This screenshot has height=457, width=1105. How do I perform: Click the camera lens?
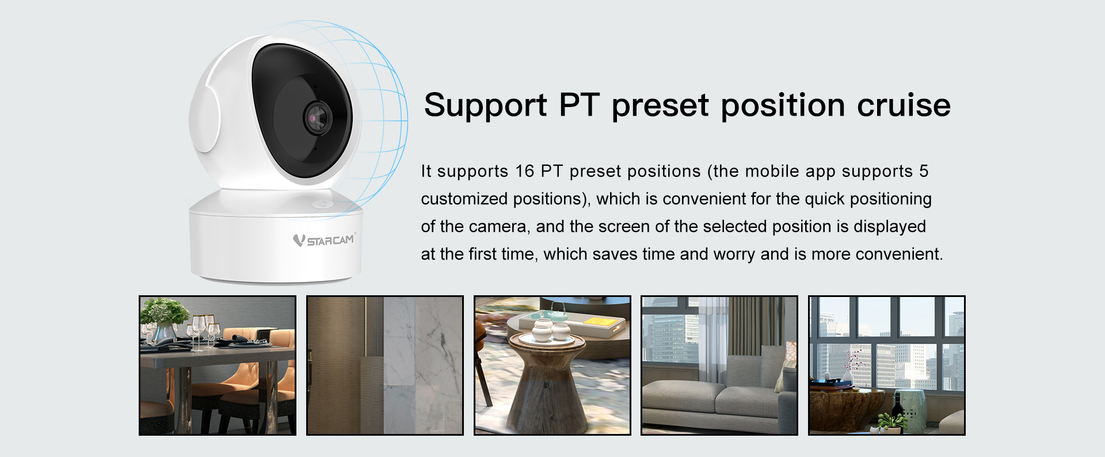(x=318, y=117)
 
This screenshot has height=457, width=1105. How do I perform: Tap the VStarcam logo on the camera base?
(x=325, y=239)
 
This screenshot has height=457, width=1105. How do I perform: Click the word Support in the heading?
(x=485, y=105)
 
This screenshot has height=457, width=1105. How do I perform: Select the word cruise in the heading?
(x=904, y=105)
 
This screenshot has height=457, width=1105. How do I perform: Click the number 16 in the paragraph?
(x=525, y=171)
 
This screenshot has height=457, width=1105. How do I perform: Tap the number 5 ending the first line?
(x=924, y=171)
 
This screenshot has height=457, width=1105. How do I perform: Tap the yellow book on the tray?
(x=602, y=321)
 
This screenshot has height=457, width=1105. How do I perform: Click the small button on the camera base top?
(x=320, y=204)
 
